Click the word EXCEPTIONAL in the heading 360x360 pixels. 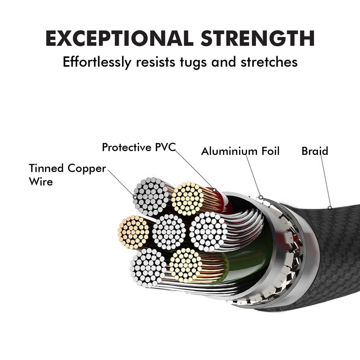(118, 39)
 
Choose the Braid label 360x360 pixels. (315, 151)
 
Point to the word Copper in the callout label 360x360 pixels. (86, 169)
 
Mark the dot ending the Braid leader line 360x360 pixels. (330, 208)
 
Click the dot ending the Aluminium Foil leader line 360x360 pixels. (261, 197)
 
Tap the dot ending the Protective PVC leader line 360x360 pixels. (214, 190)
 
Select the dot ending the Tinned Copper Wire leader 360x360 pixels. (135, 197)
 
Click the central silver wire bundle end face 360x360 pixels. (169, 232)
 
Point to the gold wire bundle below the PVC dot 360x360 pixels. (187, 199)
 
